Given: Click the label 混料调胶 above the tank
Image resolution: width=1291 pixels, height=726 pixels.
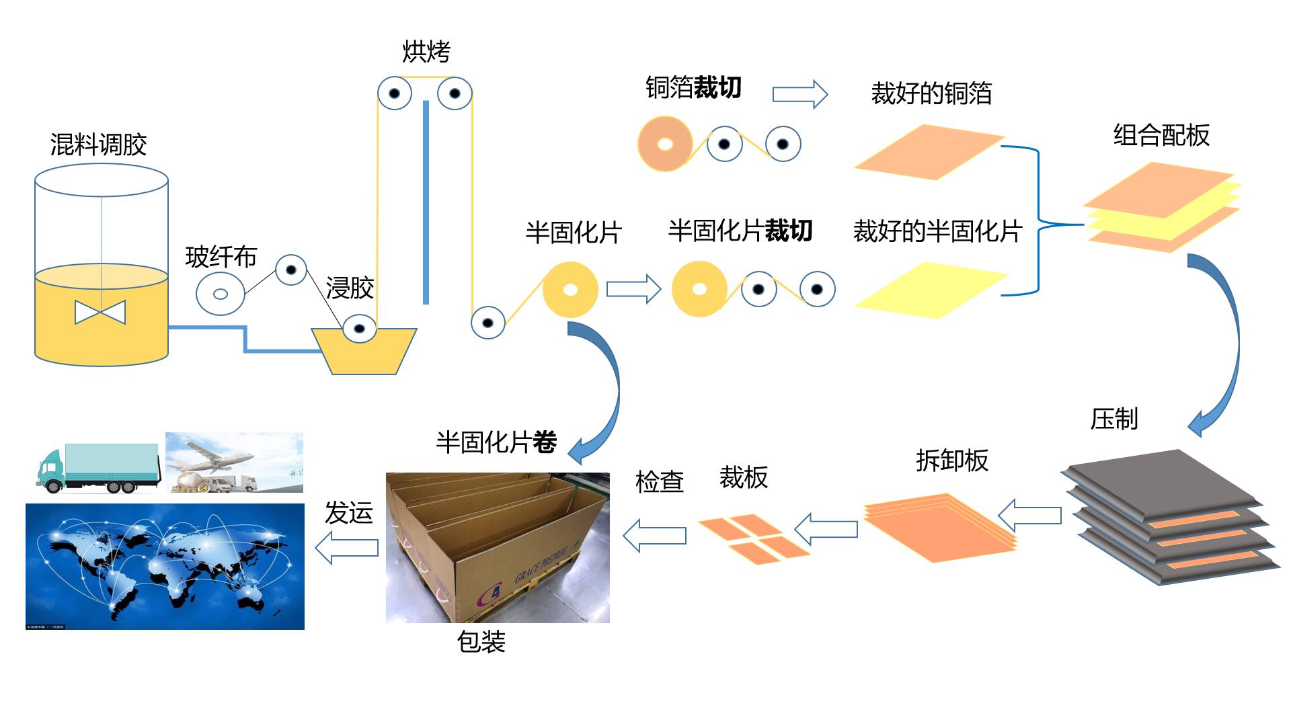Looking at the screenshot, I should click(98, 145).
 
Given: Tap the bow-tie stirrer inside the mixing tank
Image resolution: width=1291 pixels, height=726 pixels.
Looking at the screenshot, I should click(100, 312).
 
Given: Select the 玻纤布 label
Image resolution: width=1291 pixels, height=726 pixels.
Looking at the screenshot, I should click(221, 257).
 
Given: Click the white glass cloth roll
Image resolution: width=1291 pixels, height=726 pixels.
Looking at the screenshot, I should click(220, 294).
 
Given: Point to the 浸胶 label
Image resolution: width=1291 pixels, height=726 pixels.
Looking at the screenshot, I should click(350, 288).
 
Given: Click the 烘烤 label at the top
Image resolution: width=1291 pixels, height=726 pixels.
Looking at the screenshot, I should click(426, 51).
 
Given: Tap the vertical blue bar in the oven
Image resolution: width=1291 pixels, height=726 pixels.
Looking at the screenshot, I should click(426, 202).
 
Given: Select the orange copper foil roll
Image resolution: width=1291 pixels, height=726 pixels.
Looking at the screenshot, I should click(664, 144).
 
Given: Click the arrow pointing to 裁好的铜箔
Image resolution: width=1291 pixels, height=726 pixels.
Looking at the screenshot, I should click(799, 94).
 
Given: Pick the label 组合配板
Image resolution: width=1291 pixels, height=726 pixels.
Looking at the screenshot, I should click(1161, 135).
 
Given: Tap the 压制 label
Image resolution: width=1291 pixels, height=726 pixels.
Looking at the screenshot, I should click(1113, 419).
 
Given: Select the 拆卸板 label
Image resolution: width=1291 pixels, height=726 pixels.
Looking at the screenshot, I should click(951, 460).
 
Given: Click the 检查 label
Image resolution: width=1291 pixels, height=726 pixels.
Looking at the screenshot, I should click(659, 481).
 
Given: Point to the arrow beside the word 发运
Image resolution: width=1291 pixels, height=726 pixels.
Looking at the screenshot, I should click(346, 547).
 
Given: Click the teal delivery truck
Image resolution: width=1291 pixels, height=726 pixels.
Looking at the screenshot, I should click(97, 467).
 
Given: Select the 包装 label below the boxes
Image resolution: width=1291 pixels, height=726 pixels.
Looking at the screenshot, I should click(481, 642).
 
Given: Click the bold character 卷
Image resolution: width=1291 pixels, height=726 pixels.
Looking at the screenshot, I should click(545, 442).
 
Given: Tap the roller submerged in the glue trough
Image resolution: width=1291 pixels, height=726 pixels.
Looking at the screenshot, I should click(359, 329).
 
